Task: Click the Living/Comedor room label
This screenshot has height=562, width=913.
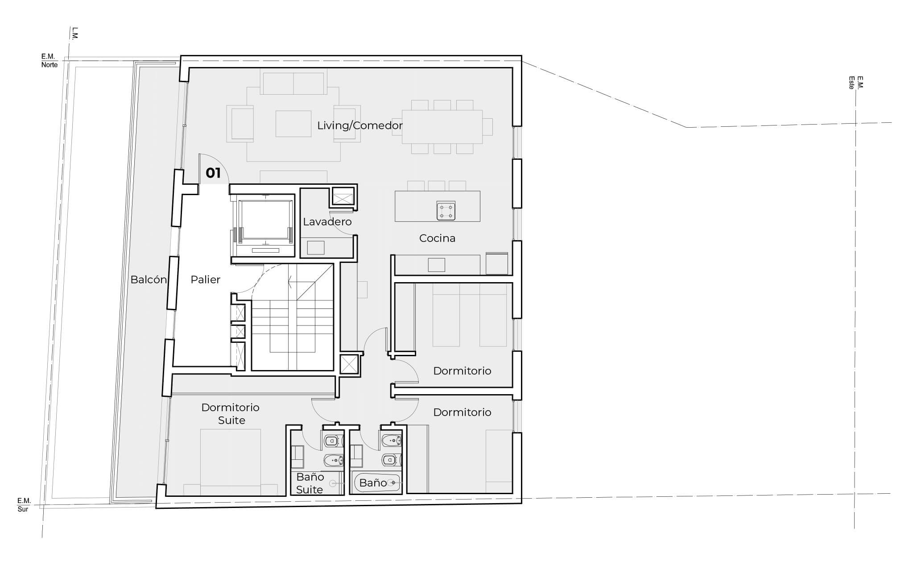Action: [x=360, y=125]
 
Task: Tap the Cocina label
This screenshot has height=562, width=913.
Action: [x=437, y=238]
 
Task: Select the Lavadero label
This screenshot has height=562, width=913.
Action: [x=327, y=221]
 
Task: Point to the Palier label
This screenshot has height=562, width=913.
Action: [x=206, y=279]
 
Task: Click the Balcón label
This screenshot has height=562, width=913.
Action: [x=149, y=279]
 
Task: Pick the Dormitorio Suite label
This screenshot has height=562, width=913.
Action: [x=231, y=413]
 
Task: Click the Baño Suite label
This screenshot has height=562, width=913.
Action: [x=310, y=483]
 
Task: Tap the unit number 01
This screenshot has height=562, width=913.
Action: [x=213, y=173]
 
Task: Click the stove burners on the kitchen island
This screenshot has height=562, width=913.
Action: [x=446, y=211]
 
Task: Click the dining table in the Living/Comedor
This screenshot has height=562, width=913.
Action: [x=442, y=127]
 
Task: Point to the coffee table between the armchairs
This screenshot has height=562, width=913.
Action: [x=293, y=124]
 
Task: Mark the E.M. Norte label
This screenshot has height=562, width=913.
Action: [x=49, y=61]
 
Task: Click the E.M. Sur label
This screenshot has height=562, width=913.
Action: [x=24, y=505]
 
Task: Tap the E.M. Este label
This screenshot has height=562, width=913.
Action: [x=856, y=83]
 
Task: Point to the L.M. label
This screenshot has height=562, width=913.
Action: [x=74, y=33]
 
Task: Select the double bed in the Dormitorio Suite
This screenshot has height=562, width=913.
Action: [x=231, y=462]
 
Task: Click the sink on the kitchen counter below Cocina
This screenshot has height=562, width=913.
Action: [x=436, y=265]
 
